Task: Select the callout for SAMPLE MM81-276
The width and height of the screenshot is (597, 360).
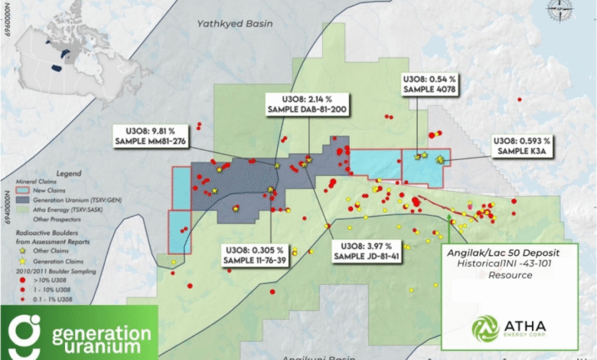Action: [x=150, y=135]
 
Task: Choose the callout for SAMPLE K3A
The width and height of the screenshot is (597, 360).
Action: [x=521, y=146]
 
